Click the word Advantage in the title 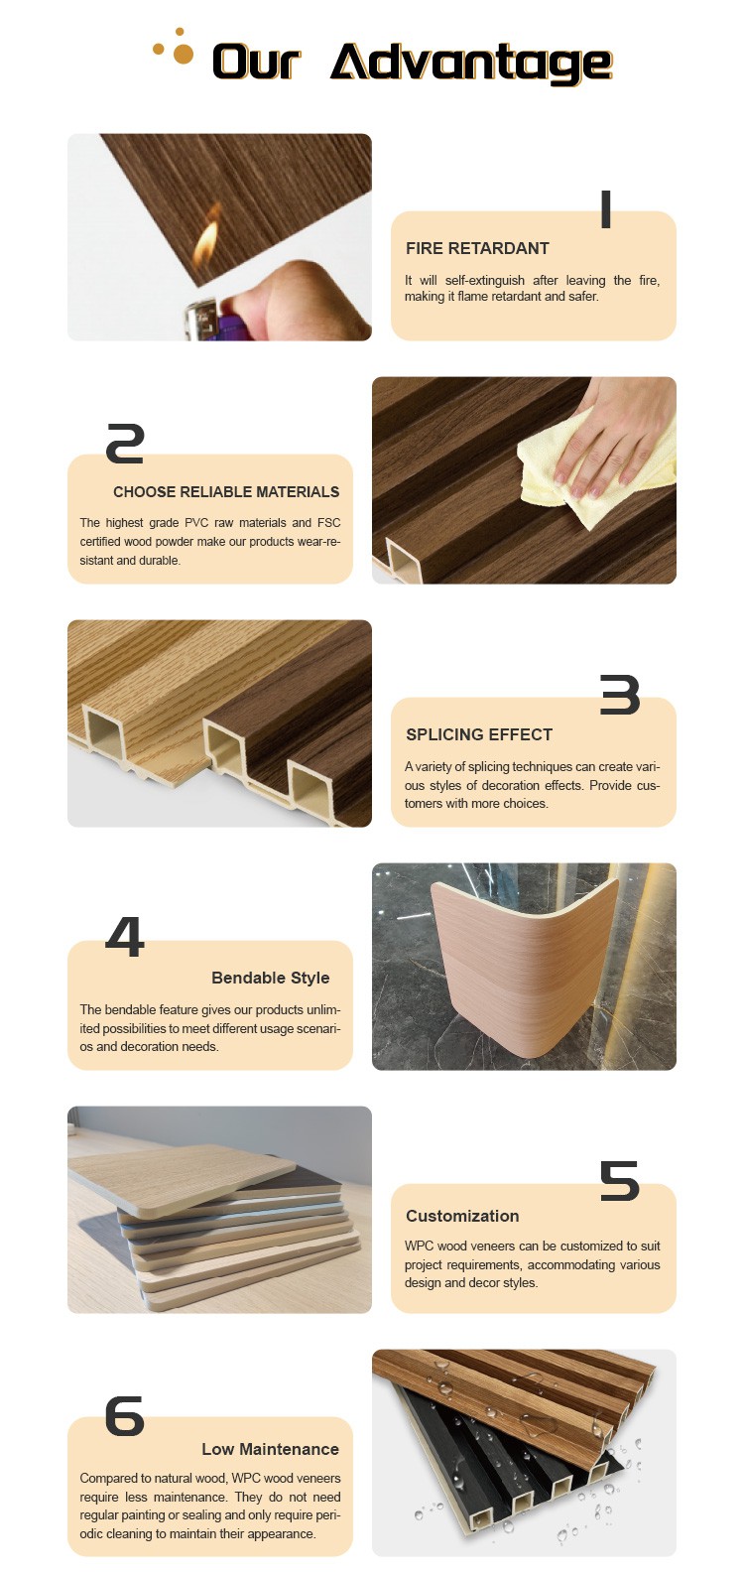coord(471,64)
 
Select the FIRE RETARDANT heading coord(477,248)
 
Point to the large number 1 coord(605,209)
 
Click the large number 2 coord(125,444)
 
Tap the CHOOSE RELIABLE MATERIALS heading coord(226,492)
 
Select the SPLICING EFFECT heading coord(479,734)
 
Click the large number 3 coord(620,695)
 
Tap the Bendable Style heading coord(271,978)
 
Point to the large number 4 coord(125,937)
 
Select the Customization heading coord(462,1216)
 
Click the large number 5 coord(620,1181)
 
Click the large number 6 coord(125,1416)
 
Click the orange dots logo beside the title coord(174,47)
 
